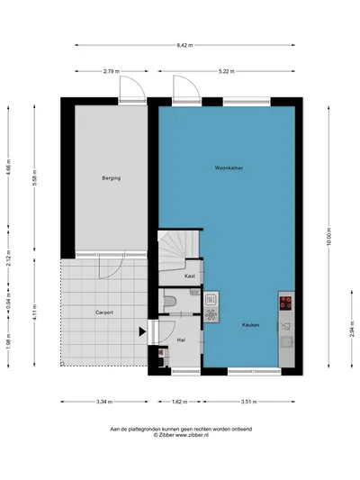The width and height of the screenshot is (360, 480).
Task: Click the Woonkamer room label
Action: tap(229, 168)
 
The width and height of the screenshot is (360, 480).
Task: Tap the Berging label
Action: tap(112, 177)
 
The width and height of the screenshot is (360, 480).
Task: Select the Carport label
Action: tap(104, 312)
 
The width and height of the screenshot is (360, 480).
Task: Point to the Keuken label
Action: tap(250, 325)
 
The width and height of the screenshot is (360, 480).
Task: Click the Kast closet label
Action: tap(190, 276)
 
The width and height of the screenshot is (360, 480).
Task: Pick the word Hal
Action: tap(181, 340)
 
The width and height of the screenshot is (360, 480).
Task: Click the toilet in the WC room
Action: tap(170, 301)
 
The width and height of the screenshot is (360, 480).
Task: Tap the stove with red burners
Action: tap(285, 303)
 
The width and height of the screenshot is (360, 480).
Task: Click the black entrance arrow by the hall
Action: tap(142, 331)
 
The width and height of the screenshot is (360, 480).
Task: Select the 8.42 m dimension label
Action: tap(185, 45)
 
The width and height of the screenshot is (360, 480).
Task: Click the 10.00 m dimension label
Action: tap(328, 236)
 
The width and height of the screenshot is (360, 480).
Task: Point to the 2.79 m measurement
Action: tap(112, 71)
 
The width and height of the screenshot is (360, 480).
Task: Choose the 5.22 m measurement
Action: tap(227, 71)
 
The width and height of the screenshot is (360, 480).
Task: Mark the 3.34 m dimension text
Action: tap(104, 402)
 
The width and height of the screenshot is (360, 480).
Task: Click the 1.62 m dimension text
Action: tap(179, 402)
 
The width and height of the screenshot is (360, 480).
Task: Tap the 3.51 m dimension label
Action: tap(248, 402)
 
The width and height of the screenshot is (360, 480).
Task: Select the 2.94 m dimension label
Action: tap(352, 329)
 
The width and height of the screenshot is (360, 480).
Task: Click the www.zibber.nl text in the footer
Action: tap(192, 435)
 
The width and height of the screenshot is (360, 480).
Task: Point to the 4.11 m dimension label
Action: tap(34, 312)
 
